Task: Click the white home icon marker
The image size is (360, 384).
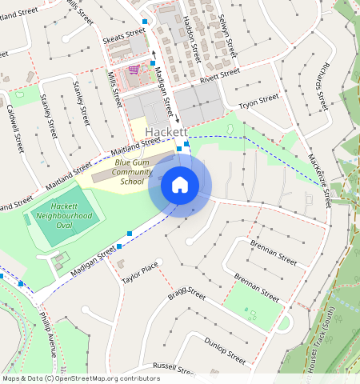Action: pyautogui.click(x=180, y=185)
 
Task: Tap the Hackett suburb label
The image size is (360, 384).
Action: pyautogui.click(x=166, y=132)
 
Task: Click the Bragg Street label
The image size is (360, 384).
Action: pyautogui.click(x=187, y=294)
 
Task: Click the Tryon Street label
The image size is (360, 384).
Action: pyautogui.click(x=258, y=100)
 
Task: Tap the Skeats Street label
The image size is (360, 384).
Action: pyautogui.click(x=124, y=36)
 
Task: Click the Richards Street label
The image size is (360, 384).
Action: pyautogui.click(x=322, y=84)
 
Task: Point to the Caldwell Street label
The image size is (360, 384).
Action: pyautogui.click(x=15, y=128)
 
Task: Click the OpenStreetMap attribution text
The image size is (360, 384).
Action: pyautogui.click(x=80, y=378)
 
